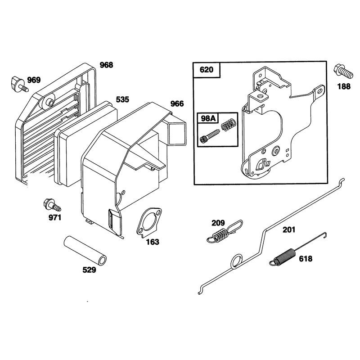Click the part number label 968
(x=106, y=65)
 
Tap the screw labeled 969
(x=19, y=84)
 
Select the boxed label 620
(x=207, y=70)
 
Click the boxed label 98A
(x=208, y=118)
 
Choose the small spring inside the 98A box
(x=228, y=125)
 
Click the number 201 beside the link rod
(x=289, y=229)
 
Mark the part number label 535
(x=122, y=99)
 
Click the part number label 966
(x=177, y=104)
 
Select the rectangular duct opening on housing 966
(x=177, y=134)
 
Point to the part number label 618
(x=306, y=259)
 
